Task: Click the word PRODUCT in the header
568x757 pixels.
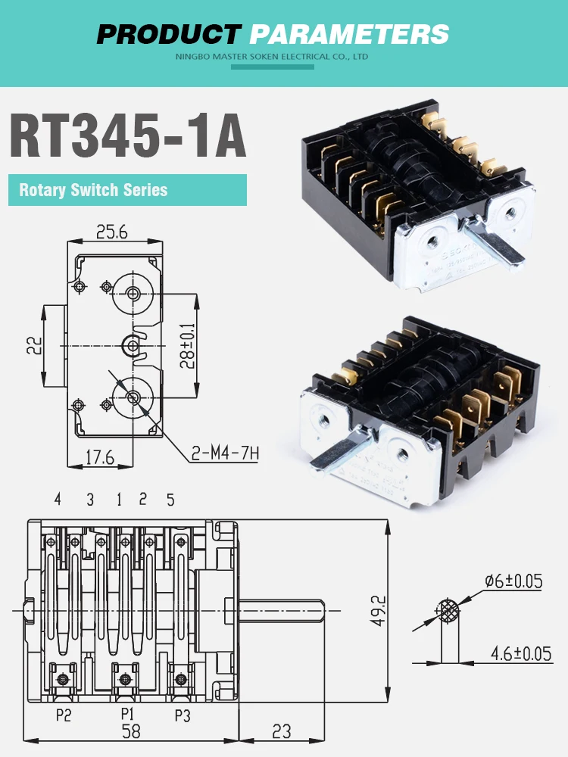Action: click(x=168, y=34)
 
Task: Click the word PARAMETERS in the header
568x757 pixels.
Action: click(x=349, y=34)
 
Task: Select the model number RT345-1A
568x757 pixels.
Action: click(x=127, y=136)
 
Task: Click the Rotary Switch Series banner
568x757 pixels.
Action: click(x=127, y=190)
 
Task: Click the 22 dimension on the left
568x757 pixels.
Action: click(x=31, y=346)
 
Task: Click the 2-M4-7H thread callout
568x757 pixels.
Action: click(x=225, y=453)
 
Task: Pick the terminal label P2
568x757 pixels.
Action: click(x=63, y=715)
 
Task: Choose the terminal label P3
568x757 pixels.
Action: click(x=182, y=715)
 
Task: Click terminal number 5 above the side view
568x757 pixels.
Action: click(x=170, y=500)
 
